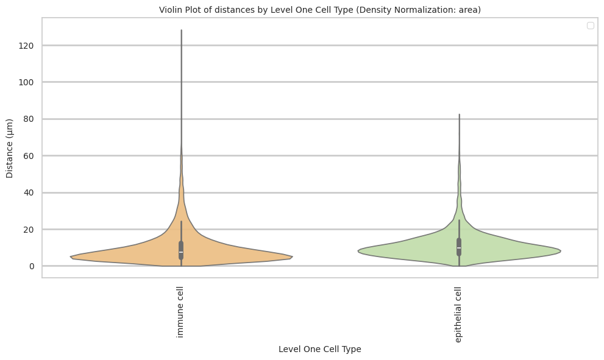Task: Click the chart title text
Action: click(x=320, y=10)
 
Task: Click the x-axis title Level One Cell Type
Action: click(x=319, y=349)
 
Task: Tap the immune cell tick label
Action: click(x=180, y=312)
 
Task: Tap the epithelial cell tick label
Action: click(x=458, y=314)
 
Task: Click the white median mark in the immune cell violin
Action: click(x=181, y=252)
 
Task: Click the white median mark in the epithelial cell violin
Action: click(x=459, y=248)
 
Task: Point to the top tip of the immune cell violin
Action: click(x=181, y=30)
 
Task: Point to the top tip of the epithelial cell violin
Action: click(x=459, y=114)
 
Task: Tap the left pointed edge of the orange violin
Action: click(x=71, y=256)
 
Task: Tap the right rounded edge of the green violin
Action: click(x=560, y=251)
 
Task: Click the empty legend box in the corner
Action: click(x=590, y=25)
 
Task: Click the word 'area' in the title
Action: click(x=470, y=10)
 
